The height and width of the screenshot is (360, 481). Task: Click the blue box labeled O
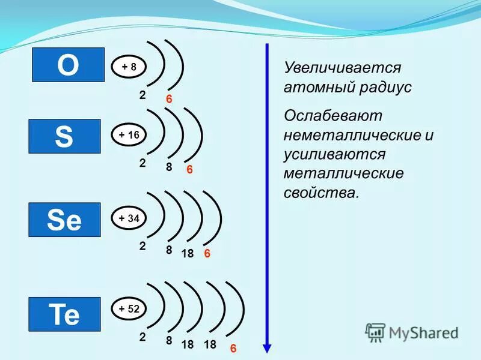[x=68, y=65]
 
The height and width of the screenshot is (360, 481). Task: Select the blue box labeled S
[x=64, y=136]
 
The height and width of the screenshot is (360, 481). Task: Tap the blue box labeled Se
[x=64, y=220]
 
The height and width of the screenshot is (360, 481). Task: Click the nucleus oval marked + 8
[x=129, y=67]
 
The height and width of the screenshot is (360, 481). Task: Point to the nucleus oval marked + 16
[x=129, y=136]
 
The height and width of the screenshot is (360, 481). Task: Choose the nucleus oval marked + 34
[x=129, y=219]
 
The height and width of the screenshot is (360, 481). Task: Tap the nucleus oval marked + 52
[x=129, y=310]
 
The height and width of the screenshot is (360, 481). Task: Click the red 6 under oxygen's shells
[x=170, y=99]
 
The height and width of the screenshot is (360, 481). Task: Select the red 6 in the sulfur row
[x=189, y=170]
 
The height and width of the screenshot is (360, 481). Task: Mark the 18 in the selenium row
[x=187, y=254]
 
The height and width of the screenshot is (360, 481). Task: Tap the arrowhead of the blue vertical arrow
[x=268, y=349]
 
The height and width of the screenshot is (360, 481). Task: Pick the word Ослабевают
[x=333, y=115]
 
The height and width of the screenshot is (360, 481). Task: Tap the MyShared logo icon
[x=376, y=332]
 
